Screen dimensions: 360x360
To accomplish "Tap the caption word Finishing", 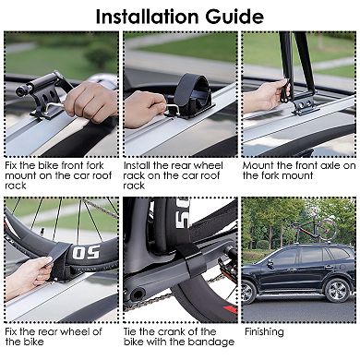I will tap(265, 330).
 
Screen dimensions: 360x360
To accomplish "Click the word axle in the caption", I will tap(328, 165).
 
